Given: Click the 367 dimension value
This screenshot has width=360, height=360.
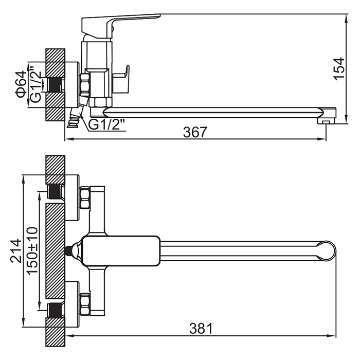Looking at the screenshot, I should [195, 133].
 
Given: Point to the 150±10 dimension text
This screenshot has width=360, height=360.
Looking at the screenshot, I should [32, 250].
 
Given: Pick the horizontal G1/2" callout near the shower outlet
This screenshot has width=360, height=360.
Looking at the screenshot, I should [107, 125].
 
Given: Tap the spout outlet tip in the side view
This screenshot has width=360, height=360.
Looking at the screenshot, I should [326, 119].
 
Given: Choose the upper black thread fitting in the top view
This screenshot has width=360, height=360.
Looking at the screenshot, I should [55, 192].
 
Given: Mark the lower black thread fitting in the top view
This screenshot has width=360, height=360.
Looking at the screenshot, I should [55, 311].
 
